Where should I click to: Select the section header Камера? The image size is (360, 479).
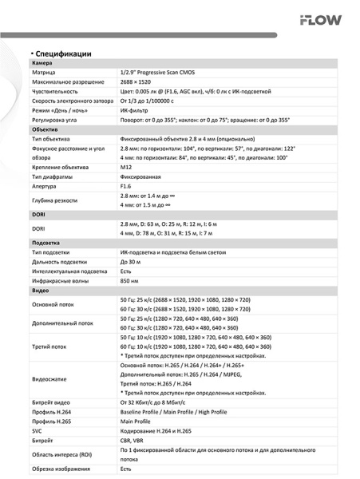[x=42, y=63]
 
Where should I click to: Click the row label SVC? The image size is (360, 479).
[x=38, y=430]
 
